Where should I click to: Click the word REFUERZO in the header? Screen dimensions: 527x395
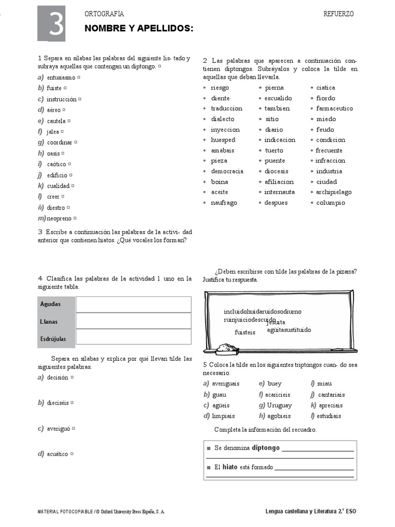click(338, 14)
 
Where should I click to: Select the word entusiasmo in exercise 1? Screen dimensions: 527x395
click(61, 78)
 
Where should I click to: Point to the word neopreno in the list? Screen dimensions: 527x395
click(59, 218)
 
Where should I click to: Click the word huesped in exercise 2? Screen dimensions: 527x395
click(223, 140)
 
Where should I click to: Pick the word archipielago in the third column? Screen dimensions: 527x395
click(334, 192)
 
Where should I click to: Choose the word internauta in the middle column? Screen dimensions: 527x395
click(280, 192)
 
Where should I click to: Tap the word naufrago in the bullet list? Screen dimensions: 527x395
click(224, 203)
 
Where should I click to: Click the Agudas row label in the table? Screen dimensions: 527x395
click(50, 304)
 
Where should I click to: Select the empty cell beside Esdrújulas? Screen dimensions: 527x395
click(133, 338)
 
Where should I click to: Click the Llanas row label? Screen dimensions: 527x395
click(49, 322)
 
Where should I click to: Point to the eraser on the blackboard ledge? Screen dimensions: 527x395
click(226, 348)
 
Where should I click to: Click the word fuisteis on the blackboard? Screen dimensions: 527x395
click(245, 332)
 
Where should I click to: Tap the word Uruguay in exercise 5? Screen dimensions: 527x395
click(279, 405)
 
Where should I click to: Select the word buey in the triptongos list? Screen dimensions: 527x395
click(275, 383)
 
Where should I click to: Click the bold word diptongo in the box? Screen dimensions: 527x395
click(265, 448)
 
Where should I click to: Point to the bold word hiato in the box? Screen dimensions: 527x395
click(229, 467)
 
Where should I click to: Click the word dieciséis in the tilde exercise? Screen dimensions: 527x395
click(58, 403)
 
